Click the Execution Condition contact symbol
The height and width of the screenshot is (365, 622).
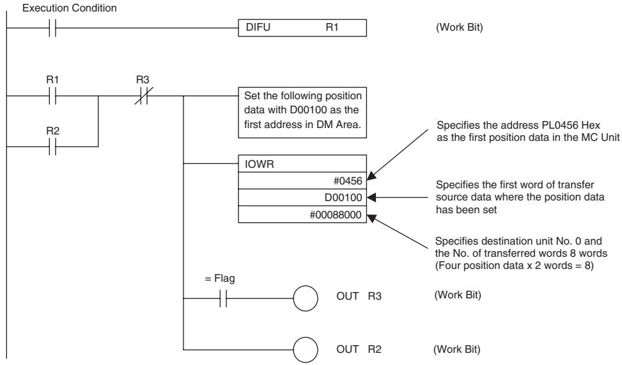pos(52,28)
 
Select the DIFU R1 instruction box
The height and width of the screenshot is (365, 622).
pos(302,28)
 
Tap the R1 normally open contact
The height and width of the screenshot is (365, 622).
pos(52,95)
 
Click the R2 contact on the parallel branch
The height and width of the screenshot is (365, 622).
pos(52,147)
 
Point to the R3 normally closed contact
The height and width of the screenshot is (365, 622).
pos(143,95)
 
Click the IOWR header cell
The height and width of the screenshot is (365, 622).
pos(302,164)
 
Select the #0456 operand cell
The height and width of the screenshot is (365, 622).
pos(302,181)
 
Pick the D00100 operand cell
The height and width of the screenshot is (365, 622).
pos(302,197)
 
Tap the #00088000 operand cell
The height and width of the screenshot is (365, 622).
pos(302,215)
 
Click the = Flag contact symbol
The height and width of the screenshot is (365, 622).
pos(223,298)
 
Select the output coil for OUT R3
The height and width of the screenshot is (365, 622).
pos(306,298)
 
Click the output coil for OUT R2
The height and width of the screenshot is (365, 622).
pos(306,350)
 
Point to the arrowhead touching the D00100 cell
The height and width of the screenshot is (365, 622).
pos(371,197)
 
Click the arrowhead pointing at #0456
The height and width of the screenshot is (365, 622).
pos(371,176)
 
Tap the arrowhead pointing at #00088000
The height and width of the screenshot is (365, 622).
pos(371,218)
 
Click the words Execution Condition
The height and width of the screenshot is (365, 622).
pos(70,8)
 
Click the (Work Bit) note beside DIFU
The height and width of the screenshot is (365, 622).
pos(460,28)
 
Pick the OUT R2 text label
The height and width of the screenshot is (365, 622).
pos(359,349)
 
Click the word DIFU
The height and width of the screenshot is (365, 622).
pos(258,27)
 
